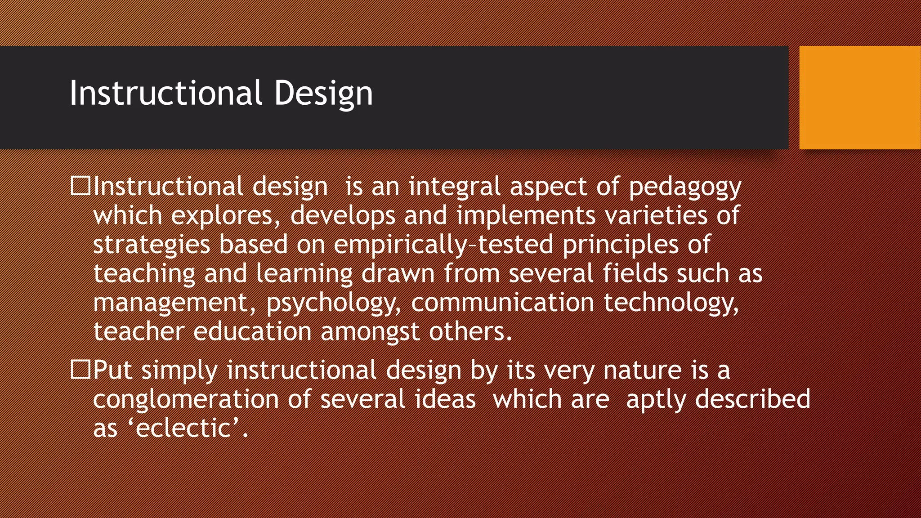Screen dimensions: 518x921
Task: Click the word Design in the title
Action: point(323,93)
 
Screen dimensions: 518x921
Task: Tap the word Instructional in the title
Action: point(165,93)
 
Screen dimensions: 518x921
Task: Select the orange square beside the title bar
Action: point(860,98)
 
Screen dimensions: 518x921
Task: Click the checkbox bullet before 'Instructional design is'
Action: point(81,186)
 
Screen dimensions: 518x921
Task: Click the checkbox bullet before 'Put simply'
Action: point(81,370)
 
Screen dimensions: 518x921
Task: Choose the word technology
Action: point(671,303)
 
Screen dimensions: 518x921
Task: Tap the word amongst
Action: point(370,332)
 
